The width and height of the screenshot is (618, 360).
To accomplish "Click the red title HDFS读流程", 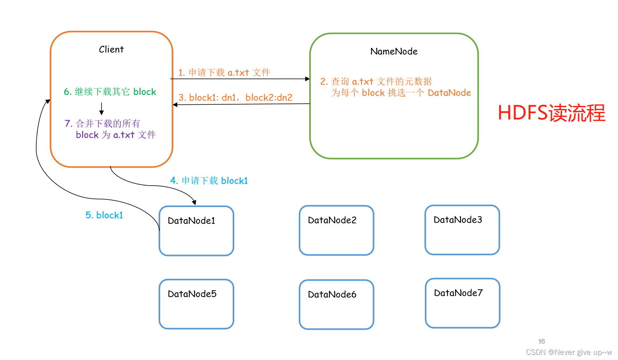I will click(551, 113).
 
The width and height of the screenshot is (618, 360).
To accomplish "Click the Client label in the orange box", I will click(111, 49).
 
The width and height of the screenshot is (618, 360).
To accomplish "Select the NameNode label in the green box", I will click(394, 51).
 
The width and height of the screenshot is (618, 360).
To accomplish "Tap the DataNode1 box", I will click(196, 231).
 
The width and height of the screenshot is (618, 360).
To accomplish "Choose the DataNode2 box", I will click(336, 231).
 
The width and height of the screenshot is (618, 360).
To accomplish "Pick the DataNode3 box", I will click(462, 230).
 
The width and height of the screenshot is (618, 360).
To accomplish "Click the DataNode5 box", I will click(196, 304).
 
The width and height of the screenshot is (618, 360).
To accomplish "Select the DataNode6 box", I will click(336, 305).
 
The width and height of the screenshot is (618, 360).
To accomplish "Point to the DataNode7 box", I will click(462, 303).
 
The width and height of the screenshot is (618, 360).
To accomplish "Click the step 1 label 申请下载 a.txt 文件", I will click(224, 72).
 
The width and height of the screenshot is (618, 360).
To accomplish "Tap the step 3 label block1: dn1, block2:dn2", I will click(235, 98).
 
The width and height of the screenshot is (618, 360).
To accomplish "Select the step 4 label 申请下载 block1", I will click(209, 181).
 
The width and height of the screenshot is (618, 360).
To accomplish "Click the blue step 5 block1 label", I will click(104, 215).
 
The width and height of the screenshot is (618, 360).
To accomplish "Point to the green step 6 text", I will click(110, 92).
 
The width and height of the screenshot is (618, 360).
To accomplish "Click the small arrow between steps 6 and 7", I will click(102, 109).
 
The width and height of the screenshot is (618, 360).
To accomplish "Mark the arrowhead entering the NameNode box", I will click(307, 79).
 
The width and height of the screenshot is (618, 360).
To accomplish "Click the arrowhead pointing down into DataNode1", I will click(194, 203).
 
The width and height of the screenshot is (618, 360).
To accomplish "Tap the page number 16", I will click(541, 341).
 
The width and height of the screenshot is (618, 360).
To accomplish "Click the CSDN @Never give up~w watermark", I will click(569, 352).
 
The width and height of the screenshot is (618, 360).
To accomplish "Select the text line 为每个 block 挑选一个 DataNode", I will click(401, 93).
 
